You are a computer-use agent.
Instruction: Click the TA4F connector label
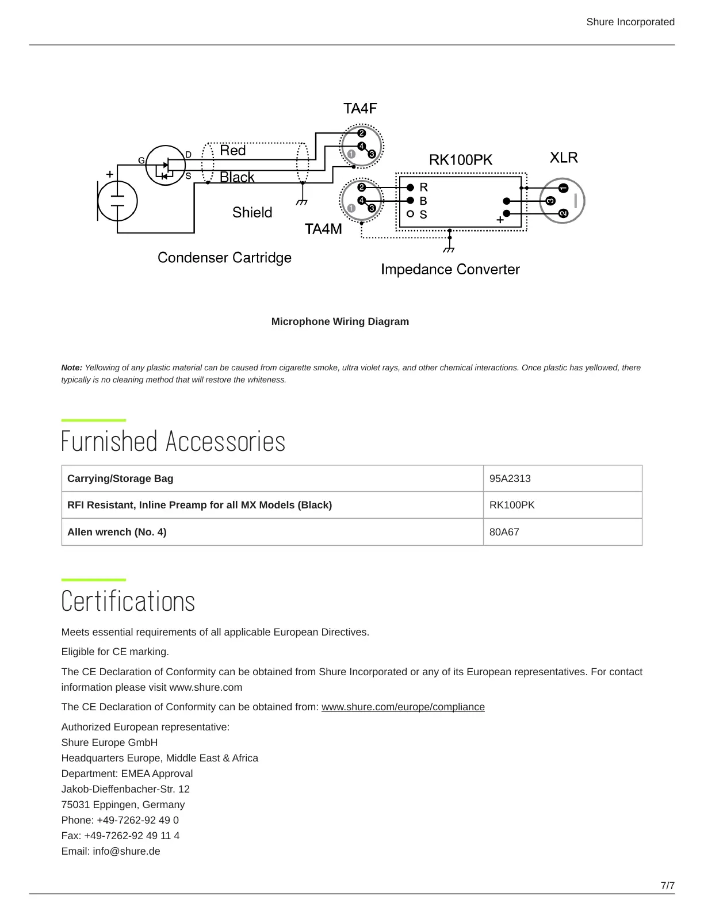360,109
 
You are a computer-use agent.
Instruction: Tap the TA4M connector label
323,229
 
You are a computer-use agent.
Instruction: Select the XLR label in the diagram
563,158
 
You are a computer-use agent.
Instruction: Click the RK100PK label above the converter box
461,160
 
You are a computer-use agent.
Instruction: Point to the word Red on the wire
233,151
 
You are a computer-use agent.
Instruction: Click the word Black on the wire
237,177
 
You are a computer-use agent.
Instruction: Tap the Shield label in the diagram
252,213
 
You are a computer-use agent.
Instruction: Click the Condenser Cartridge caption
224,258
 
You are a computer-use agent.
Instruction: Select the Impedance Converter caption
450,270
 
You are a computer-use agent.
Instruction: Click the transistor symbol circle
166,165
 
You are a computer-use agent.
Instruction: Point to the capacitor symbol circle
117,201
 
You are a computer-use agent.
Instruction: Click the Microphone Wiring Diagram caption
340,321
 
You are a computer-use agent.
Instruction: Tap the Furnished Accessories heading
173,442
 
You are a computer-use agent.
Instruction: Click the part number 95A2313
510,479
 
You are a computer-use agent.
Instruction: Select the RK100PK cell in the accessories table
512,505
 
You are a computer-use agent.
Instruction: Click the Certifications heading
128,602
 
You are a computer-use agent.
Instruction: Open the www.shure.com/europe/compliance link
403,707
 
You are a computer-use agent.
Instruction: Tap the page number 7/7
667,886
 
